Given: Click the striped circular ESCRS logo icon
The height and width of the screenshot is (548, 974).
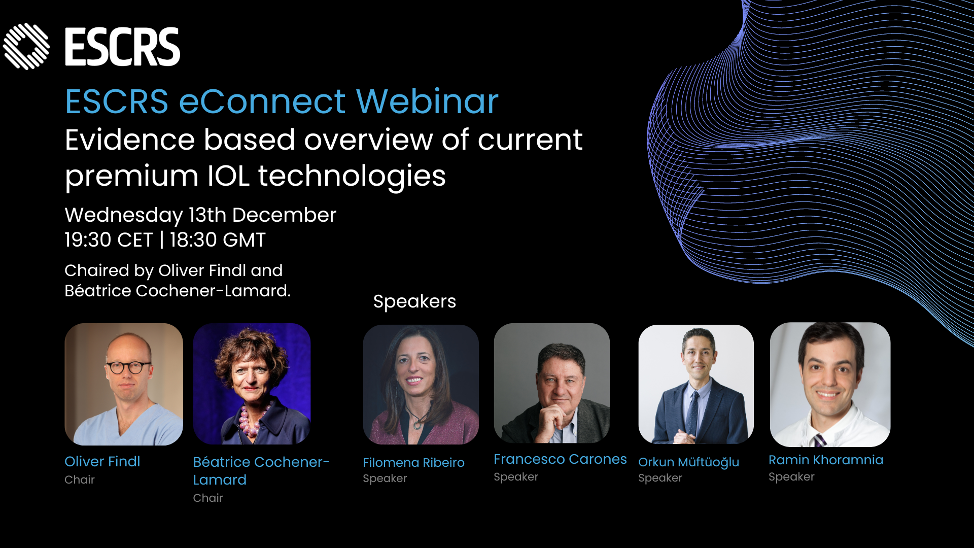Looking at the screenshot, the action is click(x=26, y=46).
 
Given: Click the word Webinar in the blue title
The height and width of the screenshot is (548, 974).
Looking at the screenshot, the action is click(x=427, y=101).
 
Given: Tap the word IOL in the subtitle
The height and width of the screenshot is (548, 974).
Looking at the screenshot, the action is click(x=228, y=176).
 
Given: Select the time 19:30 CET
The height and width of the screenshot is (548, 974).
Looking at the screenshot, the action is click(x=109, y=240).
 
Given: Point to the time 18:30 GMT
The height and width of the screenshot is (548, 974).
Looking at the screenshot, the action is click(x=218, y=240).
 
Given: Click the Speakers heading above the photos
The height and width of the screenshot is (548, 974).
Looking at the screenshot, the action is click(x=414, y=301).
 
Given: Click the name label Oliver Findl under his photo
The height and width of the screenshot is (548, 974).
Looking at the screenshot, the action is click(x=102, y=461).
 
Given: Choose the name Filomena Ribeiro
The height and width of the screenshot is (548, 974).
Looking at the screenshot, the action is click(x=413, y=462).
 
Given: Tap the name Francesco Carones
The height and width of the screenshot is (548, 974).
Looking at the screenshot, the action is click(x=560, y=459).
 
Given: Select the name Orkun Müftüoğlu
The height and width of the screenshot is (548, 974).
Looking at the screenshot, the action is click(x=688, y=462).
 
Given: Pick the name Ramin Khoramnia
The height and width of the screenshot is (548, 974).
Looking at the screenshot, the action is click(x=826, y=460).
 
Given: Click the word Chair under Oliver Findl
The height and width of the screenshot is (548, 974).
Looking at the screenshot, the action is click(x=80, y=479).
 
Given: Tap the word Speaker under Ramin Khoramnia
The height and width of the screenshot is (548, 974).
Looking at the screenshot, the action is click(x=791, y=477).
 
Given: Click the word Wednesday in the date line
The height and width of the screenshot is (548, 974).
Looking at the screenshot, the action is click(x=124, y=215).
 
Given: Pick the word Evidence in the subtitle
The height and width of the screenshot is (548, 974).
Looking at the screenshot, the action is click(x=130, y=140).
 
